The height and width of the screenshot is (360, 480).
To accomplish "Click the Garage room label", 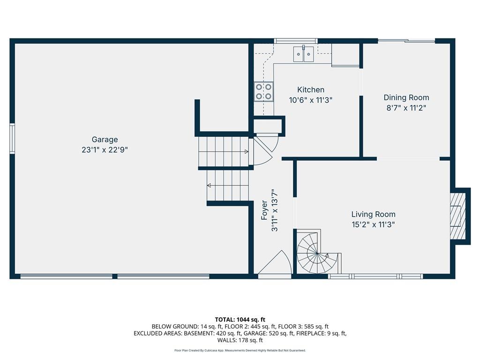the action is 105,140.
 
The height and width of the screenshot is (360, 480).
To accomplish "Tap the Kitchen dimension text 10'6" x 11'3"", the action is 311,100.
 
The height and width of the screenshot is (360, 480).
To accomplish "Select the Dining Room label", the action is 406,97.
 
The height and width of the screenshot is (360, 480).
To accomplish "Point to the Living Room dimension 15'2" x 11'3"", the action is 373,225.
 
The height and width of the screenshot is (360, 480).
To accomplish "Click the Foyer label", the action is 264,210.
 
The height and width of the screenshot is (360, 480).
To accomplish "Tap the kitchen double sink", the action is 303,54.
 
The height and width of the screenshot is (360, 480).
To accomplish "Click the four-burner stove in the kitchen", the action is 263,91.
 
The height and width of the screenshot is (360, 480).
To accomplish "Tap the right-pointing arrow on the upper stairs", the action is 246,151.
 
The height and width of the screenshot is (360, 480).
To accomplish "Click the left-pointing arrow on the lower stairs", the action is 209,185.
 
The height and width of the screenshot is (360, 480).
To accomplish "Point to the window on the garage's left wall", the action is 12,138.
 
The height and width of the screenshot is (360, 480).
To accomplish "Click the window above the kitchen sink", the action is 295,41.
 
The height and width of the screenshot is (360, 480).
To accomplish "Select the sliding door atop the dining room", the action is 406,41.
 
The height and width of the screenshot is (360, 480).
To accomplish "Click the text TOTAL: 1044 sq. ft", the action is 240,320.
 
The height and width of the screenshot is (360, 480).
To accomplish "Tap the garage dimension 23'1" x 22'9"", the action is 105,150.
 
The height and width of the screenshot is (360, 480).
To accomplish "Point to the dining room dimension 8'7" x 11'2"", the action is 406,108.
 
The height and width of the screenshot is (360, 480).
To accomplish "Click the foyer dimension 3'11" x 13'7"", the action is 275,210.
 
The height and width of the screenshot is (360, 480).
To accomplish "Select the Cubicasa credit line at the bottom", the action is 240,350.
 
